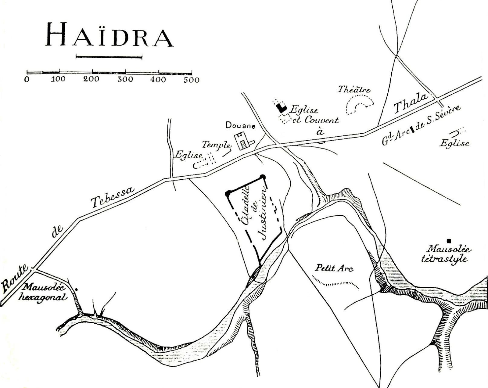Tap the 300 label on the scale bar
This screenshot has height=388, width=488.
125,80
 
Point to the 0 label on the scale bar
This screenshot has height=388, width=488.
27,80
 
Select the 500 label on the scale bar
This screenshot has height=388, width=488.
191,80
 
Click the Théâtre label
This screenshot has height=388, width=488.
354,90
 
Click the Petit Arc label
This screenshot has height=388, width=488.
334,268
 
